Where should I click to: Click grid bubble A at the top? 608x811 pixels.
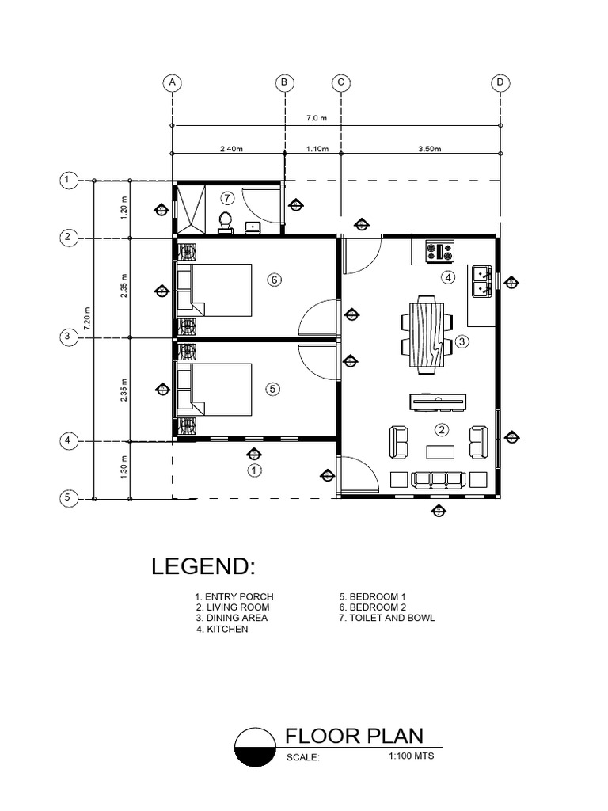[x=172, y=82]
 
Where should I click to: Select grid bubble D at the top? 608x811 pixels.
[x=500, y=82]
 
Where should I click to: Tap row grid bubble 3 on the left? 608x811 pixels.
[x=69, y=338]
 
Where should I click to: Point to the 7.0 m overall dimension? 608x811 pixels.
[x=317, y=118]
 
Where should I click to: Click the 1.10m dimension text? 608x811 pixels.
[x=314, y=147]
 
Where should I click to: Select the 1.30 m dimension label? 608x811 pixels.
[x=124, y=470]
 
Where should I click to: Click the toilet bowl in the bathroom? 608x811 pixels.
[x=226, y=222]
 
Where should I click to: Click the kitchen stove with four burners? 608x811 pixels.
[x=439, y=252]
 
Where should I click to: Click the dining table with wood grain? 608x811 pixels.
[x=427, y=334]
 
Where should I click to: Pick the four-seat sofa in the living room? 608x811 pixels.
[x=439, y=479]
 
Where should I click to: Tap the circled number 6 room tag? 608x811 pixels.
[x=275, y=280]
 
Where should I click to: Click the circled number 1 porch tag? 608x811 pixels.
[x=254, y=470]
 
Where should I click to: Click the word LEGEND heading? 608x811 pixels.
[x=203, y=567]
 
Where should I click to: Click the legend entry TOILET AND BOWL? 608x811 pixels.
[x=387, y=618]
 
